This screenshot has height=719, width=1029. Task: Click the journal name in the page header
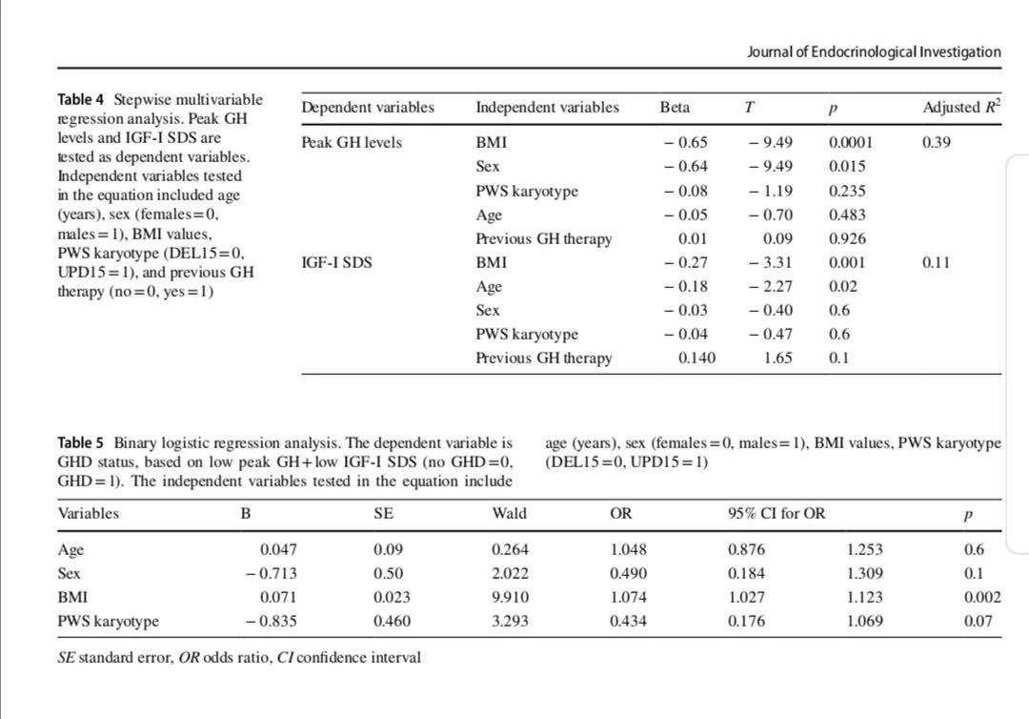[x=874, y=51]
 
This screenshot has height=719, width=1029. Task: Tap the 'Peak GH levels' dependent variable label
[x=352, y=143]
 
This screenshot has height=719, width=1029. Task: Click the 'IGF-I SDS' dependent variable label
[x=336, y=262]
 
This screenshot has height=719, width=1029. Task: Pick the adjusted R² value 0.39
[x=937, y=143]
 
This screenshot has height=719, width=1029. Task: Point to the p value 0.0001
[x=851, y=143]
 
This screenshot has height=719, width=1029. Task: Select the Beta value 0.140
[x=696, y=358]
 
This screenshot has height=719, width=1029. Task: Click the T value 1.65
[x=777, y=358]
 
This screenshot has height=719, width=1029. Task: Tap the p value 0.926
[x=848, y=238]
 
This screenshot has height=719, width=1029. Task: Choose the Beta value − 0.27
[x=685, y=262]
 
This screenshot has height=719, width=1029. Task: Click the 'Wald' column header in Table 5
[x=509, y=513]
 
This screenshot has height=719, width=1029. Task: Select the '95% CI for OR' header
[x=777, y=513]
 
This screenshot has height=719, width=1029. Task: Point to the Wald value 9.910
[x=510, y=597]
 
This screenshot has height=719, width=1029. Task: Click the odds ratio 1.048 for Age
[x=628, y=549]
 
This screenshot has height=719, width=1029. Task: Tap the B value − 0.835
[x=271, y=621]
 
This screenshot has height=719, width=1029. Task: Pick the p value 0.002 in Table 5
[x=981, y=597]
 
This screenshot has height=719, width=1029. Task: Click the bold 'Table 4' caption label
[x=81, y=99]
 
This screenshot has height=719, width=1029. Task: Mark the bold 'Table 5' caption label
[x=81, y=442]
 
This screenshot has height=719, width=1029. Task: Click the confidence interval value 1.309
[x=864, y=573]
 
